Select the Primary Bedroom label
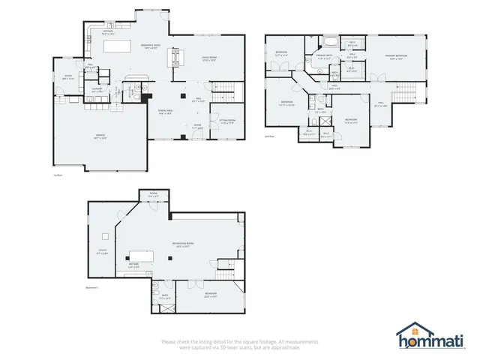tap(397, 56)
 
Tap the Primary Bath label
tap(324, 56)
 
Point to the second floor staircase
tap(405, 92)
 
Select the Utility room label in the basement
tap(101, 253)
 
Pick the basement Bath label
tap(166, 297)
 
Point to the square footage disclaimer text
tap(239, 343)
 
